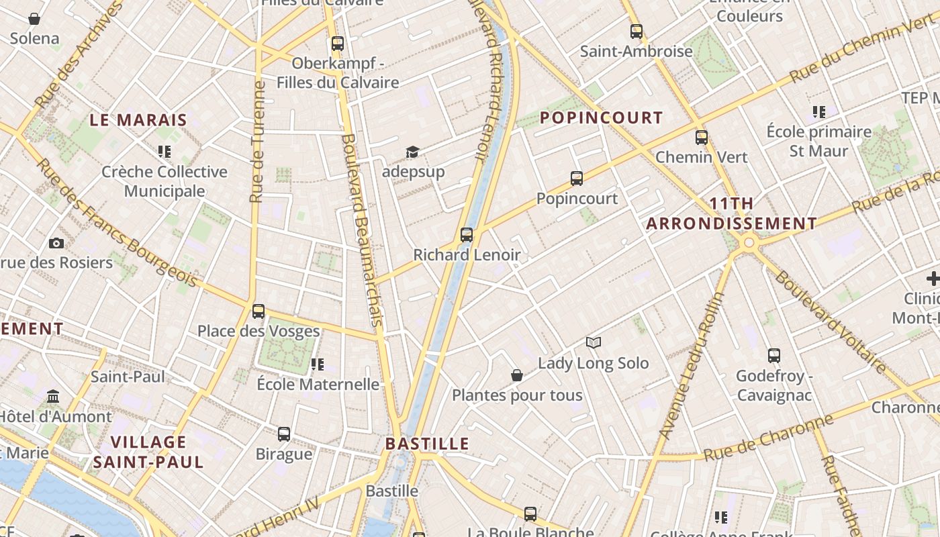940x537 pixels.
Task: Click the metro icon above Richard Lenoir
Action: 467,235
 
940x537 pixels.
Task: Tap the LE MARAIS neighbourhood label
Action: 138,120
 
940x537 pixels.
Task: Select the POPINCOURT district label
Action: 601,117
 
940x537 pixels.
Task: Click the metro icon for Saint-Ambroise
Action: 636,31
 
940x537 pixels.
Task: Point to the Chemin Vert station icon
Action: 702,138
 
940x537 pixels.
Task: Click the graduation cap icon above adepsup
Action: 412,152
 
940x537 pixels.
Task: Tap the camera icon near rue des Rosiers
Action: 56,243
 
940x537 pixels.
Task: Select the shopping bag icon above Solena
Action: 34,19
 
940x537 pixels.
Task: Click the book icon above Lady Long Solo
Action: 593,343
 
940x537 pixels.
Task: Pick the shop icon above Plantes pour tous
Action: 517,375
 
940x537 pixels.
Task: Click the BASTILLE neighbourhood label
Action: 427,444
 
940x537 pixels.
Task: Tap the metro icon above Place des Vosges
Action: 258,311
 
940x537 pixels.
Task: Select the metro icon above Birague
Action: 284,434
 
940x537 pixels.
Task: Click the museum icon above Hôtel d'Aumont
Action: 53,397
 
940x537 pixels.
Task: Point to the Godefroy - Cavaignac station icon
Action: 774,356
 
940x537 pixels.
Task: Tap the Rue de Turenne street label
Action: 257,141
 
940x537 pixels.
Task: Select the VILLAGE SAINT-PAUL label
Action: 148,452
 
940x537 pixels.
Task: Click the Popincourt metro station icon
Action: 577,179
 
